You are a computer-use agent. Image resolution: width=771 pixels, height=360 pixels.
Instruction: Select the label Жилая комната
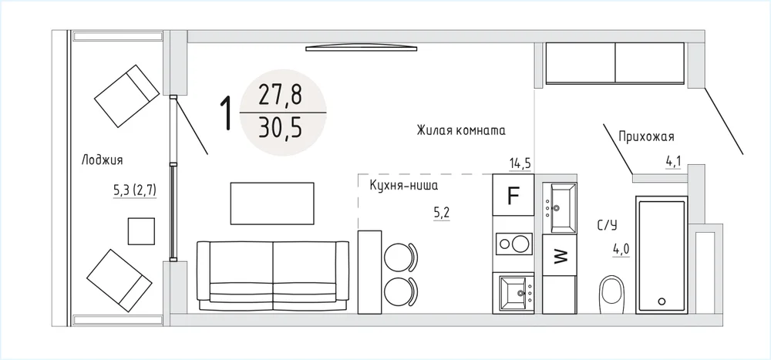[x=461, y=131]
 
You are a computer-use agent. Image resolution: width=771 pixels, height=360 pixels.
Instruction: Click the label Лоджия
[x=103, y=160]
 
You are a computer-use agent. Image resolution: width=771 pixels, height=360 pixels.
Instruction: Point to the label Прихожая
[x=646, y=136]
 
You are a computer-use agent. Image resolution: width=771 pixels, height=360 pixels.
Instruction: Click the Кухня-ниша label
[x=404, y=186]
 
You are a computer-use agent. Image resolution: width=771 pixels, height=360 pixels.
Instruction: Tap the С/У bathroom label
[x=607, y=226]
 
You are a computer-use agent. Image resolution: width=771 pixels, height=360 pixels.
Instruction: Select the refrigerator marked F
[x=513, y=195]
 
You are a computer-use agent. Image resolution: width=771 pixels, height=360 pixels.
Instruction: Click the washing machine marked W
[x=560, y=255]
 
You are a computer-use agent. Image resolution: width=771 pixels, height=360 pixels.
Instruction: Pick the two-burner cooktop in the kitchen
[x=513, y=244]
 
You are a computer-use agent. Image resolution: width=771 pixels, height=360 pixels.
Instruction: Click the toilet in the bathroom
[x=611, y=294]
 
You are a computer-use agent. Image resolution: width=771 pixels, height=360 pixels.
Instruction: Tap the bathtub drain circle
[x=662, y=301]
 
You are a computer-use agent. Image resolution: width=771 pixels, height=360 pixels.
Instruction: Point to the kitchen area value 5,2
[x=442, y=214]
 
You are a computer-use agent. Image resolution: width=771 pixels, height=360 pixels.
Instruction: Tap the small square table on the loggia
[x=141, y=231]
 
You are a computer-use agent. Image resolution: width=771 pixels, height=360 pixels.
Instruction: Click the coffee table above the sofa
[x=272, y=204]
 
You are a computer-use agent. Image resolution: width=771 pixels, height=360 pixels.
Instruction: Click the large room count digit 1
[x=226, y=113]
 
